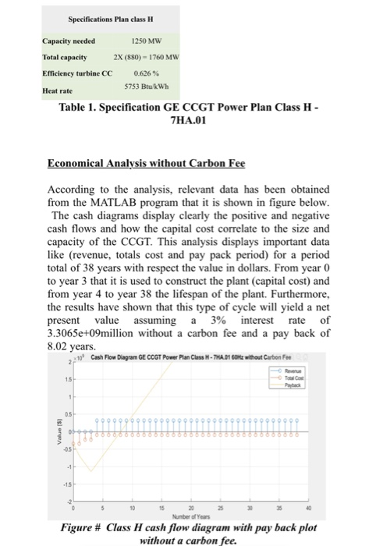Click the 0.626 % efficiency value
click(150, 73)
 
